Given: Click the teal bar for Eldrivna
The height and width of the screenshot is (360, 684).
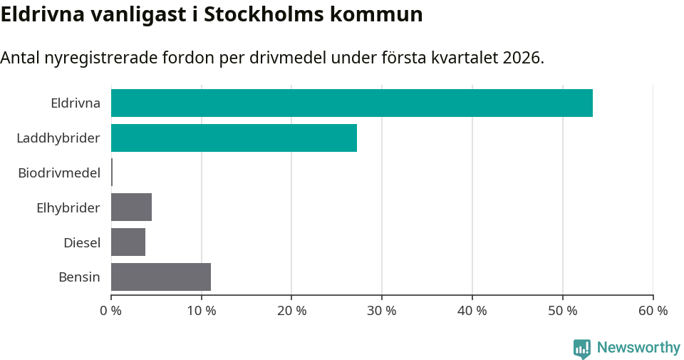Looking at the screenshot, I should point(352,103).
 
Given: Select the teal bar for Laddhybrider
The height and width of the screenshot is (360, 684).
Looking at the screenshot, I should point(234,138).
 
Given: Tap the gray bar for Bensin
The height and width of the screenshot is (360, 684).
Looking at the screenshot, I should point(161,277).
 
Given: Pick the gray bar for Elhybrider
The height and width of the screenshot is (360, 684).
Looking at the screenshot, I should point(131,207).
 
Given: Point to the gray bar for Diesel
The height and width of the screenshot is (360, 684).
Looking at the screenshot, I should point(128,242).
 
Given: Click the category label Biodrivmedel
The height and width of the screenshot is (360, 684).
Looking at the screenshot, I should point(59,173).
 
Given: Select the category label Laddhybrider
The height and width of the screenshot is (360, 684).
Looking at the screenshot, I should point(58,138).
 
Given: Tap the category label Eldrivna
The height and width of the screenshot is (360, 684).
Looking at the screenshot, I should point(76,103).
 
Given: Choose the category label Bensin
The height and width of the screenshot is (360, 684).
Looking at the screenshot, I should point(79,277).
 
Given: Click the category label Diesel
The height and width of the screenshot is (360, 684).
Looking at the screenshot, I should point(82,242).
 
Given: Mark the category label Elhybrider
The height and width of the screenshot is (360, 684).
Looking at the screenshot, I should point(68,207).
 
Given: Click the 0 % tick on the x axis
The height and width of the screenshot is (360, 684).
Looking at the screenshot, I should point(111,311).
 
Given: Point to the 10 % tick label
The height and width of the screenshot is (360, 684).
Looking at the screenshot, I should point(202,311).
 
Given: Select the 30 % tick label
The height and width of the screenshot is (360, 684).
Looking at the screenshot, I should point(382,311).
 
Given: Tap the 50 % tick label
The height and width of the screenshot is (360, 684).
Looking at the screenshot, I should point(563,311).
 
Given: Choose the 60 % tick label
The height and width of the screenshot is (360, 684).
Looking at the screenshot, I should point(653,311).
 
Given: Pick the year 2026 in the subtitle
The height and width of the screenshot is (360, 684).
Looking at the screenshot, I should point(521,58).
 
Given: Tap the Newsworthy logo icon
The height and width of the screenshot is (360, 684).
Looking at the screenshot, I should point(582,348).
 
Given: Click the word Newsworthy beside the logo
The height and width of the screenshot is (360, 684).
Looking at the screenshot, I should point(638,348).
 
